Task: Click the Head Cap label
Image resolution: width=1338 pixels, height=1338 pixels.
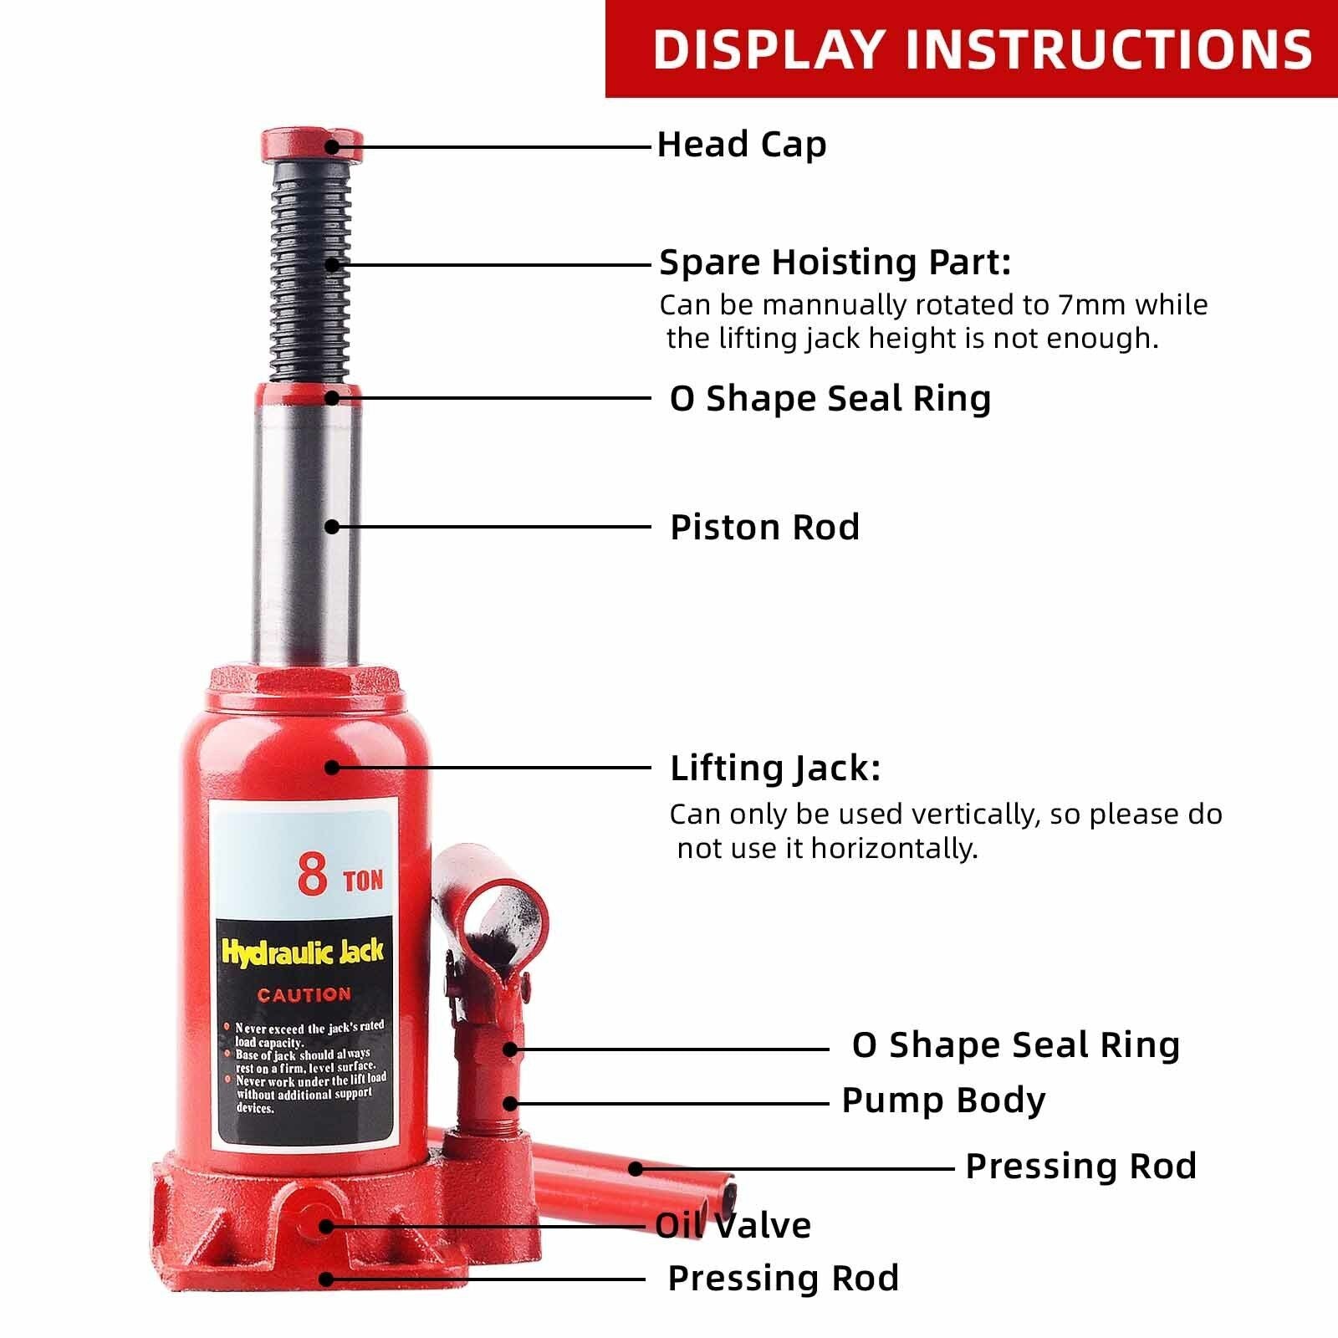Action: (x=741, y=145)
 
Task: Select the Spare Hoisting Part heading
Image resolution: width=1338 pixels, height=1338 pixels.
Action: (x=835, y=263)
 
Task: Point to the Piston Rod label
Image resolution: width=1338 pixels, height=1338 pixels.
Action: (x=764, y=528)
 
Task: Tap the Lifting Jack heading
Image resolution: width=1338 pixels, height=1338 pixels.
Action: (x=774, y=769)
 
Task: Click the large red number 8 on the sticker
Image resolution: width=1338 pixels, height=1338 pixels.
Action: (x=313, y=876)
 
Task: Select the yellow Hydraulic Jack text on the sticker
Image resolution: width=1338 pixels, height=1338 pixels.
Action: (x=302, y=951)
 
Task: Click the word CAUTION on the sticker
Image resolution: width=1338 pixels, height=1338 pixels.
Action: (x=304, y=995)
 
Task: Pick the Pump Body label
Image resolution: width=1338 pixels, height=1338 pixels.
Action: (x=942, y=1101)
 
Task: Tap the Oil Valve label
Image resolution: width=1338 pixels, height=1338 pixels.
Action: (x=733, y=1226)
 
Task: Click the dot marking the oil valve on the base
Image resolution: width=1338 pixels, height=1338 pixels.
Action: (x=326, y=1226)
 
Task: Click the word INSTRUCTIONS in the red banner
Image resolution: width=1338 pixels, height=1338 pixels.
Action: (x=1110, y=49)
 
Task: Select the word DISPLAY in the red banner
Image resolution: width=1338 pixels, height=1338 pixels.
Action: (x=768, y=49)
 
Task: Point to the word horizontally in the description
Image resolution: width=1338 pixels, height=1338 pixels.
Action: (x=894, y=849)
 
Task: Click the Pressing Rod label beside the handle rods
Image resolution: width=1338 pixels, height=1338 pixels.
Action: (x=1080, y=1167)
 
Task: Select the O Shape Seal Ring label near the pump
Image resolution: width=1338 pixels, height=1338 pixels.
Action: (x=1015, y=1045)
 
